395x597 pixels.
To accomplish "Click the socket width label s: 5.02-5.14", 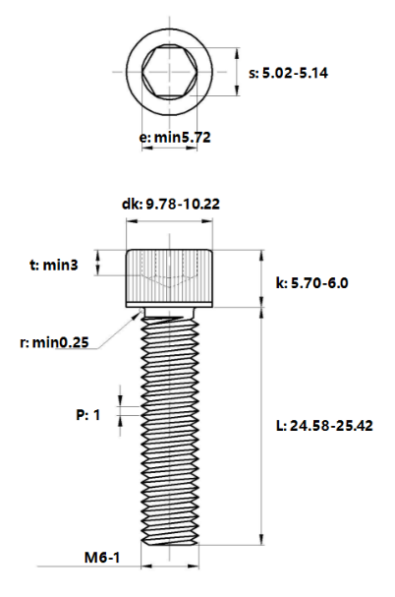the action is pos(288,73).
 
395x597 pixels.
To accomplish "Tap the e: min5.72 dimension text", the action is pos(175,137).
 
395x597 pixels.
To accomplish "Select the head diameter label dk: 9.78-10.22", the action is pos(171,204).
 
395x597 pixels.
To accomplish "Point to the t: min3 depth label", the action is pos(54,265).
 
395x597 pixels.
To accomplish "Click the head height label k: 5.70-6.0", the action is pos(311,283).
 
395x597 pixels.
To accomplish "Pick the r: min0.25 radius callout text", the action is pos(54,342).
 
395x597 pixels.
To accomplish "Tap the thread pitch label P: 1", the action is pos(87,415).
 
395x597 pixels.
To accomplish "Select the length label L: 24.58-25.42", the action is pos(324,425).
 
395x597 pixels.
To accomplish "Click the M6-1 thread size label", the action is pos(102,558).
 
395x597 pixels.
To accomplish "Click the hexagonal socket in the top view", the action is pos(170,72).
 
